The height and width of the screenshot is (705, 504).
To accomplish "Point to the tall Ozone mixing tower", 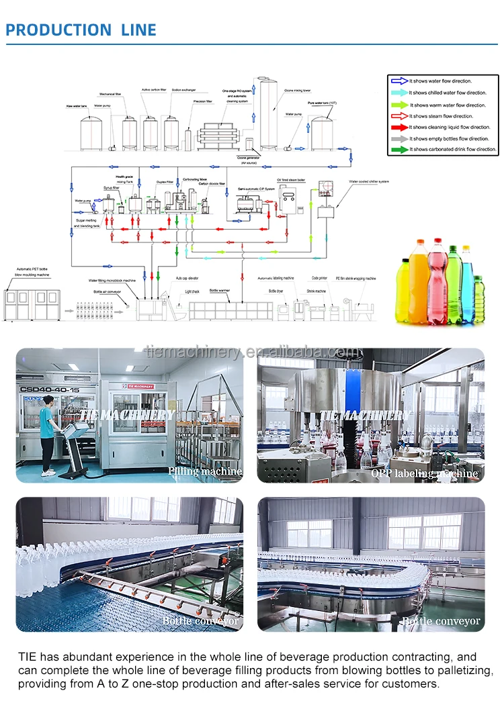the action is (x=269, y=114).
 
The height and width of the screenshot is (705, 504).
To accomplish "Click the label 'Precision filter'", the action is (x=202, y=101).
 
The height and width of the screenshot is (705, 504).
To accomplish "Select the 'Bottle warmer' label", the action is (x=220, y=290).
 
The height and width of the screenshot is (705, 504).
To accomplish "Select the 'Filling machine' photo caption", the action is (x=205, y=471).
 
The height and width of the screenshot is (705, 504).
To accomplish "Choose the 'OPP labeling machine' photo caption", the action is (x=425, y=473).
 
